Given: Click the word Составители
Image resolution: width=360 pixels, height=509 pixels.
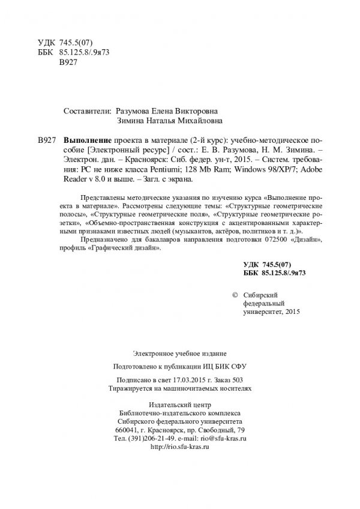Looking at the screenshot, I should [x=87, y=111].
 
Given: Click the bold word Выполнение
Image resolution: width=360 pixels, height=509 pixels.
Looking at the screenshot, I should [x=84, y=139].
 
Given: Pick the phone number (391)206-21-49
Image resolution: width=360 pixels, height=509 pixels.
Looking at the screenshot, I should [x=152, y=438].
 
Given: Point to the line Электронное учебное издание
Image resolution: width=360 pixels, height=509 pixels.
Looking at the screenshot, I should [x=180, y=353].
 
